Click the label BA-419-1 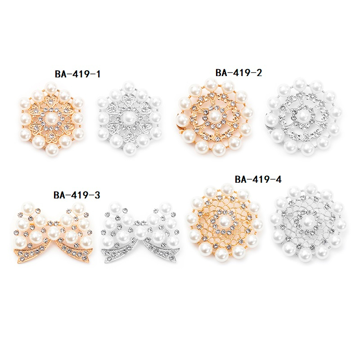click(77, 74)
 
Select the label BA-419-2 click(238, 73)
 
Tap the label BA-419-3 click(76, 195)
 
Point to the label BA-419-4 click(258, 179)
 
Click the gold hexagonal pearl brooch click(51, 118)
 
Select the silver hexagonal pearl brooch click(129, 118)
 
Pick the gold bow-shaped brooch click(53, 233)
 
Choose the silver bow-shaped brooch click(140, 232)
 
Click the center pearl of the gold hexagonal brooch click(51, 118)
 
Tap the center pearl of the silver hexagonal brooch click(129, 118)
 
